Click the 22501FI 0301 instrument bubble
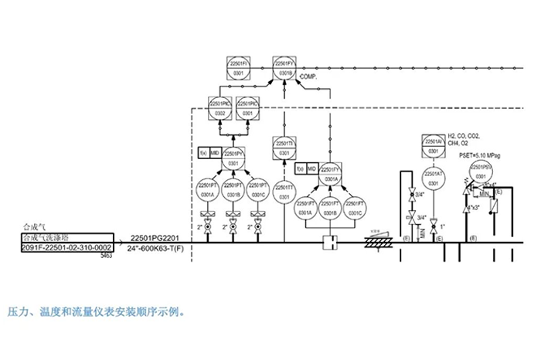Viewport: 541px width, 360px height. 236,66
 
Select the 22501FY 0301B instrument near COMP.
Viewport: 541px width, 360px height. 285,66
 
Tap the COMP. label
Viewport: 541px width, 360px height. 308,79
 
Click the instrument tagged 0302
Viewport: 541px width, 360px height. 220,107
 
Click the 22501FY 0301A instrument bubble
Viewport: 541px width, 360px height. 330,173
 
